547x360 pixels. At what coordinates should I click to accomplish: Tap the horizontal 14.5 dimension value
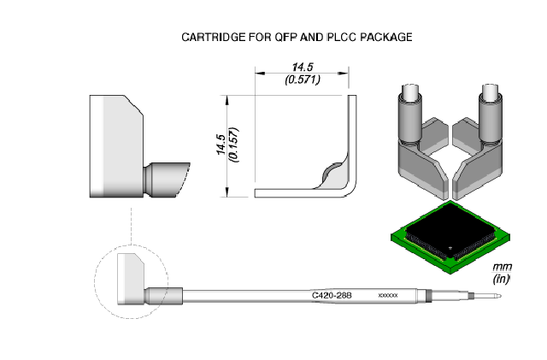point(303,67)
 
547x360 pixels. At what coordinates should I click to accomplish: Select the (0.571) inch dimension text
point(303,80)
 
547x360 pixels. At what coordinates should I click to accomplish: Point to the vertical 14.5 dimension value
point(221,145)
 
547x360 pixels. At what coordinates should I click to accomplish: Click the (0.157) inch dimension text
point(233,145)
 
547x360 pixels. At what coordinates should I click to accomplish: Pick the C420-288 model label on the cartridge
point(332,296)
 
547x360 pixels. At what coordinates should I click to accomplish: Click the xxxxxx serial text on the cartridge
point(388,296)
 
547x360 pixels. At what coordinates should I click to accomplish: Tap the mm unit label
point(502,267)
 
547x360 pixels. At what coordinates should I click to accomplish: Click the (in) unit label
point(502,279)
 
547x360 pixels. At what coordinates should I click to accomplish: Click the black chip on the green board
point(450,231)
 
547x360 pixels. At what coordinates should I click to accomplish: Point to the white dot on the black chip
point(450,248)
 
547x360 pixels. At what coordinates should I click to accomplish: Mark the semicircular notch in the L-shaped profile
point(332,170)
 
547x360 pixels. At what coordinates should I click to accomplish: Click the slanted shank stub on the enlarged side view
point(168,180)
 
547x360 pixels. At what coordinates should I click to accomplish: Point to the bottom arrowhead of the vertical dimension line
point(227,192)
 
